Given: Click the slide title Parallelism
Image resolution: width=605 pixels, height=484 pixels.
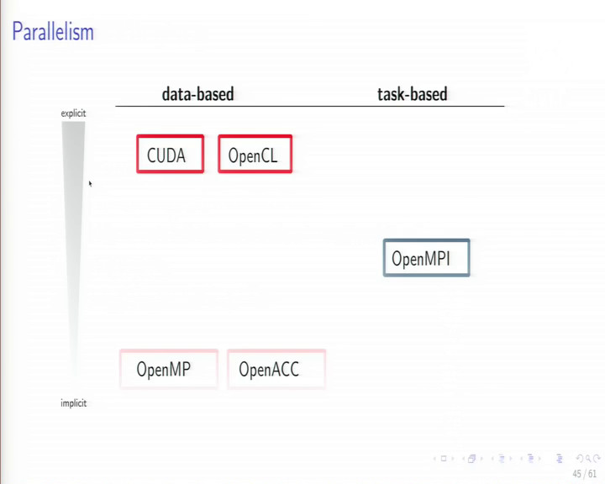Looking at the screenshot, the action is pyautogui.click(x=53, y=32).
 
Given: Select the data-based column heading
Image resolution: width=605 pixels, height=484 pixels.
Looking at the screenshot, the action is pyautogui.click(x=197, y=94).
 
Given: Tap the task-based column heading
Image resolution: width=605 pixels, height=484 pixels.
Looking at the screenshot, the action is pyautogui.click(x=412, y=94).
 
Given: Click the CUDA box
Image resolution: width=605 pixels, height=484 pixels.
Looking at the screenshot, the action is pyautogui.click(x=170, y=154).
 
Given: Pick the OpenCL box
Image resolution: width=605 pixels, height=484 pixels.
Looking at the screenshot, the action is pyautogui.click(x=255, y=154).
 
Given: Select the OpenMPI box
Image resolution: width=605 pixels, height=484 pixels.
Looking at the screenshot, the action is pyautogui.click(x=426, y=258).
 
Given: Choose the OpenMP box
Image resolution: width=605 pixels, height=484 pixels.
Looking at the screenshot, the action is pyautogui.click(x=169, y=369).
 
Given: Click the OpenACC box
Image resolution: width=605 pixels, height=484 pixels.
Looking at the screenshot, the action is pyautogui.click(x=276, y=369).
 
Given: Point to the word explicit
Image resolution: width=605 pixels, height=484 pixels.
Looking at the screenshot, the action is pyautogui.click(x=73, y=113).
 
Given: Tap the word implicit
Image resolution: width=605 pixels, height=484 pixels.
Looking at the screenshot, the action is pyautogui.click(x=74, y=403).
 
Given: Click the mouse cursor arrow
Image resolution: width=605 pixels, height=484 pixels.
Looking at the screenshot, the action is pyautogui.click(x=90, y=184).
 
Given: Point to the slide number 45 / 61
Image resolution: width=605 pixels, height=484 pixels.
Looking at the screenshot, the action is pyautogui.click(x=585, y=474).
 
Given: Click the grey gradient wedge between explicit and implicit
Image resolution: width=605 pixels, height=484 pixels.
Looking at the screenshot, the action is pyautogui.click(x=73, y=232).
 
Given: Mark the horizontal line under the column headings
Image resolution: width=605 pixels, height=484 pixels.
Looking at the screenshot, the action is pyautogui.click(x=310, y=106).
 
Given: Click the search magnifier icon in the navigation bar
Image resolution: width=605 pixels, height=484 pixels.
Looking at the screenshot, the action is pyautogui.click(x=588, y=459).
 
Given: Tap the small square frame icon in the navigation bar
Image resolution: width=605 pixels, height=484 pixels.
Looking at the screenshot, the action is pyautogui.click(x=444, y=459).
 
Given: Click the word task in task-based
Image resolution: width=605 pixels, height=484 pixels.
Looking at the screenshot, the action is pyautogui.click(x=390, y=94).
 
